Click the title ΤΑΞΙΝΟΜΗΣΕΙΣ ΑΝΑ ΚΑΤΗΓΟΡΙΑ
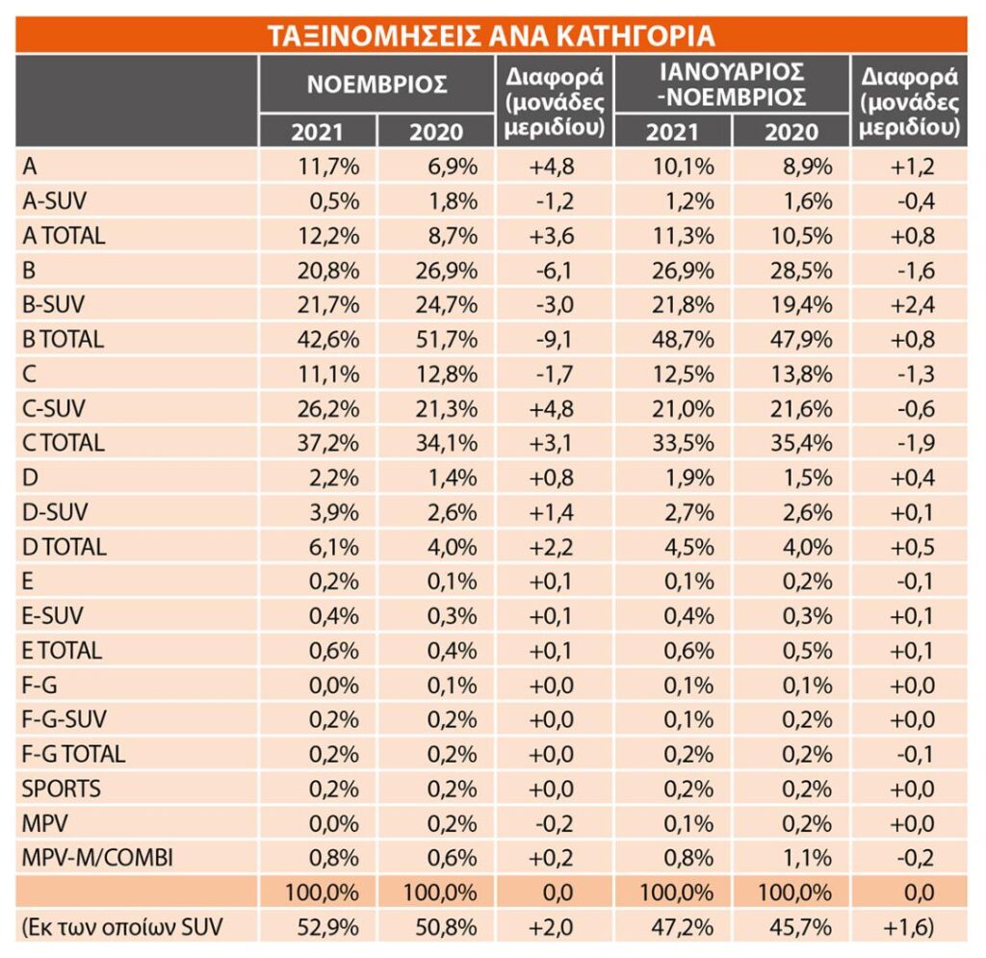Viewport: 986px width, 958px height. (491, 36)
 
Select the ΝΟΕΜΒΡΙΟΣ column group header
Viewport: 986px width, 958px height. (376, 84)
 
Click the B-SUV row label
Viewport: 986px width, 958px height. (54, 305)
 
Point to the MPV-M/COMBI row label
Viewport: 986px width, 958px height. (97, 858)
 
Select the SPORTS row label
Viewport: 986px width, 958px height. (61, 789)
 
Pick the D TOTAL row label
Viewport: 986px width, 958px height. (65, 547)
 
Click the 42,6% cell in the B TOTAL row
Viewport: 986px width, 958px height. (328, 340)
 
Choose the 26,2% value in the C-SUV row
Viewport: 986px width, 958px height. (328, 408)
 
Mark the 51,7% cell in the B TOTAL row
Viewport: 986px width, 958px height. (447, 340)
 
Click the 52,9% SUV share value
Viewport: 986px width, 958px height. (328, 927)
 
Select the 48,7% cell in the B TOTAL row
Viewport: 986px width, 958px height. (683, 340)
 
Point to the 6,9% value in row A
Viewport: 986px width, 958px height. (453, 167)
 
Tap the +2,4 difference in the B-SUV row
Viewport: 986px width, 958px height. (912, 305)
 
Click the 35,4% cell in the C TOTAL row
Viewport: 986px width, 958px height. (801, 443)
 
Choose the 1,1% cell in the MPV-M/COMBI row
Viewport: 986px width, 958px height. (808, 858)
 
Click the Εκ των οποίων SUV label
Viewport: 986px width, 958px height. (122, 927)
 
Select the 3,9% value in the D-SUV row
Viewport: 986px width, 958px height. (334, 512)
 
